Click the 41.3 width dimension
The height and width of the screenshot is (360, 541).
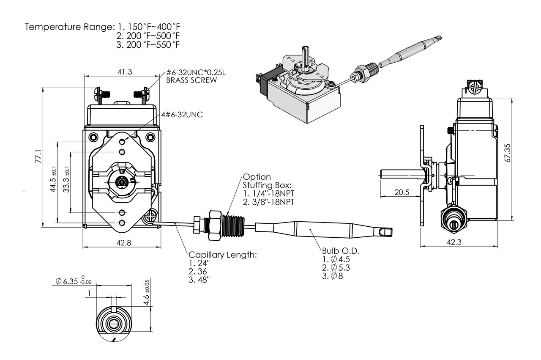point(125,72)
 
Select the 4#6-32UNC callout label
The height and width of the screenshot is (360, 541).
point(181,115)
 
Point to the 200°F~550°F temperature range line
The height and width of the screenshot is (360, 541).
point(148,45)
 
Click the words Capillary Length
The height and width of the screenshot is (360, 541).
point(222,255)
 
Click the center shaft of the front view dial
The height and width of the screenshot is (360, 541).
point(123,182)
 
